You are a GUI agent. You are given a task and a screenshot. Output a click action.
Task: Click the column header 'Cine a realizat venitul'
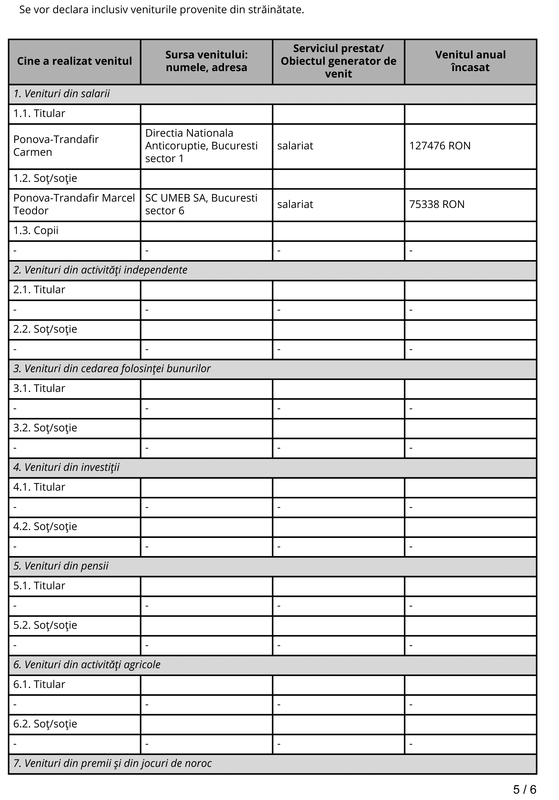coord(75,61)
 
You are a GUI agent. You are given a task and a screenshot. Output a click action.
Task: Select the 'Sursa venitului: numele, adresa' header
coord(206,61)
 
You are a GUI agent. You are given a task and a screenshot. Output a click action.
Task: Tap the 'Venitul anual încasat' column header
coord(470,61)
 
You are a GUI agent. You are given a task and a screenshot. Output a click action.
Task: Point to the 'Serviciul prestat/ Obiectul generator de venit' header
coord(338,61)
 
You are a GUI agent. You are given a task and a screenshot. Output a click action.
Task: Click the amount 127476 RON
coord(440,146)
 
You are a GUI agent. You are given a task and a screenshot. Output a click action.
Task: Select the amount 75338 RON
coord(437,204)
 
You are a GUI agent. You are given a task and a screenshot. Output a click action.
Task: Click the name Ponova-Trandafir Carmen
coord(56,146)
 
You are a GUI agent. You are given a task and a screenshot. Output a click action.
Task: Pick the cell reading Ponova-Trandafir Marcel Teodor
coord(74,204)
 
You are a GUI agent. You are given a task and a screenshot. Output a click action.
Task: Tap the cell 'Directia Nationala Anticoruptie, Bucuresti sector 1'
coord(201,146)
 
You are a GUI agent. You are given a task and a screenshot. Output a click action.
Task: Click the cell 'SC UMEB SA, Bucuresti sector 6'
coord(201,204)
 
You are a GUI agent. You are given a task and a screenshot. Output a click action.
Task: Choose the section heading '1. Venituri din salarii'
coord(61,94)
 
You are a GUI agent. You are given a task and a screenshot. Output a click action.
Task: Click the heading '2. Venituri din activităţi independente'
coord(100,270)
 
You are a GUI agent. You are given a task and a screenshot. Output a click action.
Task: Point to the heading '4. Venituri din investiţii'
coord(66,467)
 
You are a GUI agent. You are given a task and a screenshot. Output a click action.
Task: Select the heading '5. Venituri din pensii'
coord(61,566)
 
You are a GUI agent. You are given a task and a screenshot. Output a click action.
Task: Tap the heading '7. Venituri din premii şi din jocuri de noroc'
coord(112,763)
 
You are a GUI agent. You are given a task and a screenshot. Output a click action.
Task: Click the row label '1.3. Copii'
coord(36,231)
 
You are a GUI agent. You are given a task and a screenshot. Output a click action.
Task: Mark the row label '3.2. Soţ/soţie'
coord(45,428)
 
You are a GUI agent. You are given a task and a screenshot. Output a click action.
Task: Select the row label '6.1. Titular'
coord(39,684)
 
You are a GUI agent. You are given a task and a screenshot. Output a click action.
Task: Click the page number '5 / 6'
coord(524,789)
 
